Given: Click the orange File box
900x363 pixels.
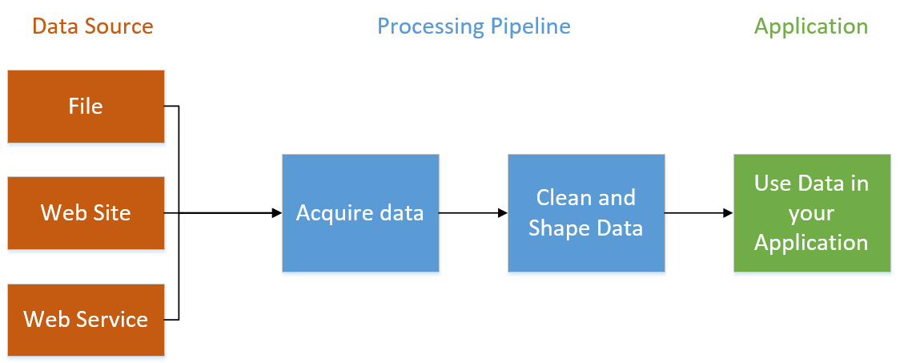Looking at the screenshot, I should pyautogui.click(x=86, y=106).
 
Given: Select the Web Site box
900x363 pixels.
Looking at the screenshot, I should pyautogui.click(x=86, y=213).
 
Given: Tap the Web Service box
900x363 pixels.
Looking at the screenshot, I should pyautogui.click(x=86, y=320).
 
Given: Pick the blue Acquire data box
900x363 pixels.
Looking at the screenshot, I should pyautogui.click(x=360, y=213).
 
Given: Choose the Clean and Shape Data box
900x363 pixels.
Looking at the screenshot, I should pyautogui.click(x=586, y=213).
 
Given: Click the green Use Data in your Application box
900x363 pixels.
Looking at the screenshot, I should pyautogui.click(x=811, y=213).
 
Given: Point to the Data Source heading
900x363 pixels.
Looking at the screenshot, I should pyautogui.click(x=92, y=26).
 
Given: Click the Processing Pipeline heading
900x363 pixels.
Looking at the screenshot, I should pyautogui.click(x=473, y=26).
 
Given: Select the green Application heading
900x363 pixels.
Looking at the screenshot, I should pyautogui.click(x=810, y=26).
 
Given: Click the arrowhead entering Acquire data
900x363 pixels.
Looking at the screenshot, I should pyautogui.click(x=276, y=213).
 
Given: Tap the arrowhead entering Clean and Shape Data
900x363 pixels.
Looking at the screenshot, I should pyautogui.click(x=502, y=213).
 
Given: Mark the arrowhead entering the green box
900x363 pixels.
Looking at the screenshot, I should pyautogui.click(x=728, y=213).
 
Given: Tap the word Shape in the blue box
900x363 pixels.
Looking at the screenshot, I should pyautogui.click(x=556, y=228).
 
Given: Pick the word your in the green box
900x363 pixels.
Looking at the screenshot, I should pyautogui.click(x=811, y=213).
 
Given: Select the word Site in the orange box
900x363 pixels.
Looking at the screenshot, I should pyautogui.click(x=112, y=213).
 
